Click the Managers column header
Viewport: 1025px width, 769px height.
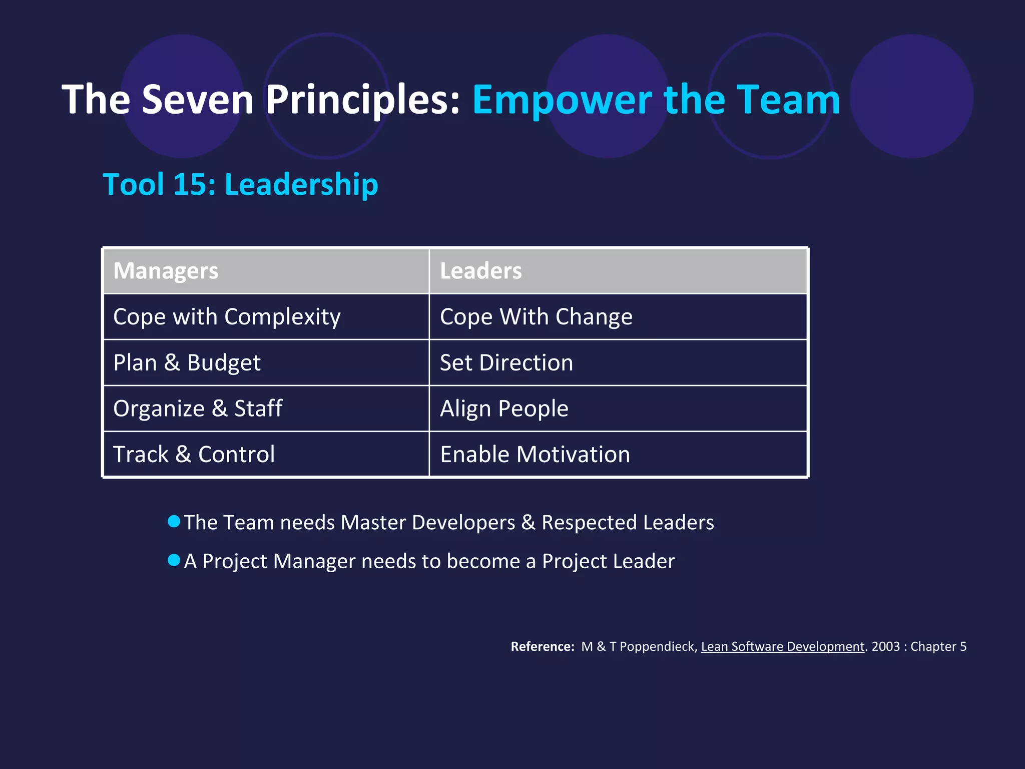click(166, 271)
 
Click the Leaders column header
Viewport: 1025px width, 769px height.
click(480, 271)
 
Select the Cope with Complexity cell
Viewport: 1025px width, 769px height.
click(227, 317)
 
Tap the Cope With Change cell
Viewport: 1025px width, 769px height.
click(536, 317)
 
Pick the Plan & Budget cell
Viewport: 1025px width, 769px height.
click(187, 363)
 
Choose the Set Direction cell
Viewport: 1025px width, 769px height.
click(506, 363)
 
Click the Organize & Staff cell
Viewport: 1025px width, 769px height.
click(198, 409)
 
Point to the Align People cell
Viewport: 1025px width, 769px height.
click(504, 409)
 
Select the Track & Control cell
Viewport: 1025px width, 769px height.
click(194, 455)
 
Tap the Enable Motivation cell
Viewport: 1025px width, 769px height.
click(535, 455)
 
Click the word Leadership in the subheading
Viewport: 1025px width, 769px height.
click(301, 184)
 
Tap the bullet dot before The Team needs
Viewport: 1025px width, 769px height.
click(174, 521)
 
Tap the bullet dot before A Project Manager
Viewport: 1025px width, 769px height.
click(174, 560)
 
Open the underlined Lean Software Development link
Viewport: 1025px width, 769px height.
click(782, 646)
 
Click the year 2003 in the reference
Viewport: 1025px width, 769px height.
click(885, 646)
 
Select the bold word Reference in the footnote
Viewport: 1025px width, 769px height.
click(542, 646)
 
